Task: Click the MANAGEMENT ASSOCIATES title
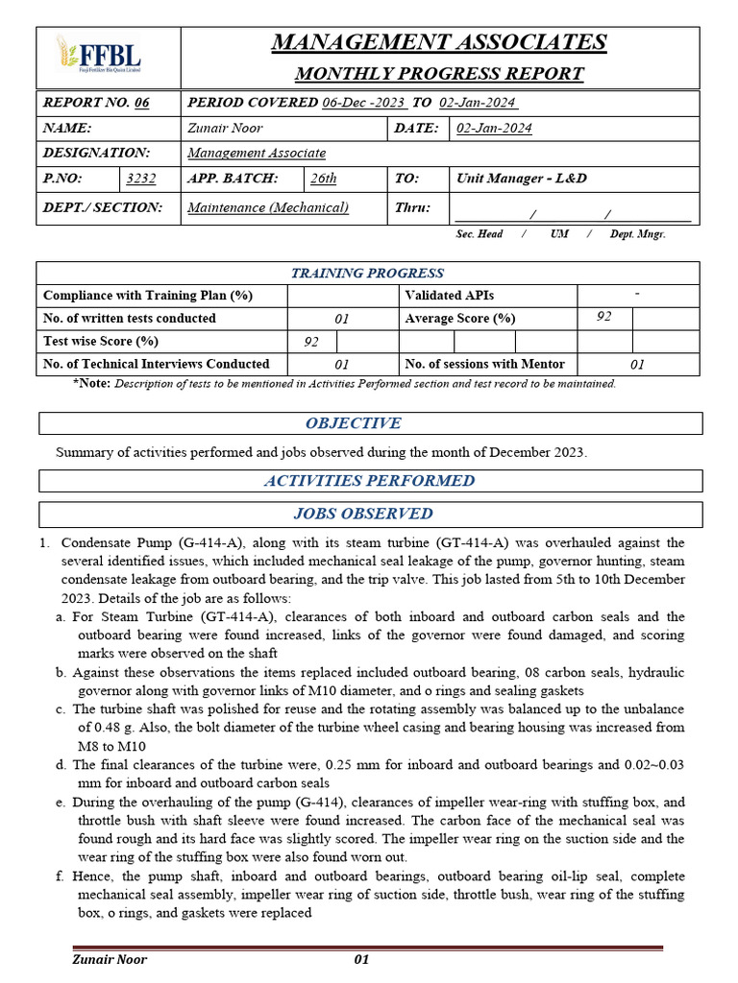(x=439, y=42)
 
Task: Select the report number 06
(x=142, y=103)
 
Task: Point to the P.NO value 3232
(x=140, y=179)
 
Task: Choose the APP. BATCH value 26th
(x=323, y=179)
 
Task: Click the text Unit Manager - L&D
(x=521, y=179)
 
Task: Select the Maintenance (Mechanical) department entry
(x=268, y=207)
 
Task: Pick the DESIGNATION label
(x=97, y=153)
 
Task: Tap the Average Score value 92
(x=603, y=317)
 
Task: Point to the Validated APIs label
(x=450, y=296)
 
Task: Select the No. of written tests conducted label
(x=130, y=319)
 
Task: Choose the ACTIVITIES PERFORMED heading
(x=369, y=481)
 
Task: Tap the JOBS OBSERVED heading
(x=362, y=515)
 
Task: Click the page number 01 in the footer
(x=361, y=959)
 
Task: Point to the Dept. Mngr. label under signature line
(x=637, y=234)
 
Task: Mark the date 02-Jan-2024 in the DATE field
(x=494, y=129)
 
